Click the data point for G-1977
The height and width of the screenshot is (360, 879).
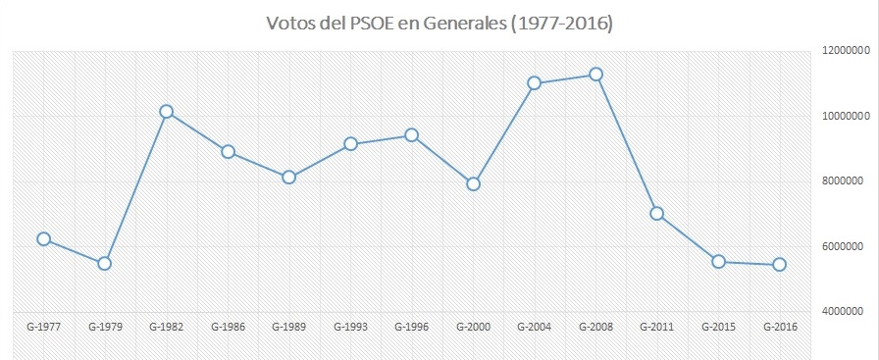[x=43, y=238]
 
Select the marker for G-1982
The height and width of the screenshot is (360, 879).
[x=166, y=112]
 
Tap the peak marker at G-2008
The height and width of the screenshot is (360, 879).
[x=595, y=75]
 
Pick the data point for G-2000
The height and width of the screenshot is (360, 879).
[x=473, y=183]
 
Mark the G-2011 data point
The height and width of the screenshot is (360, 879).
[x=656, y=213]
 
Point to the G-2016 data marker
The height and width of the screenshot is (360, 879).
[x=779, y=264]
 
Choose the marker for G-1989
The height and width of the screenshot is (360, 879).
[x=288, y=178]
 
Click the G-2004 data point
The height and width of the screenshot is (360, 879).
[x=534, y=83]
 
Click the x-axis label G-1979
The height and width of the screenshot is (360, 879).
[x=105, y=326]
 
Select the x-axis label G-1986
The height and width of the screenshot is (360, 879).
[x=228, y=326]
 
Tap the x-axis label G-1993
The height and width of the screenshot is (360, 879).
[x=350, y=326]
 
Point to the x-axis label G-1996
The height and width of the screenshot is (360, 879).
[x=411, y=326]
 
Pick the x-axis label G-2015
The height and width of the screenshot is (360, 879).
[x=718, y=326]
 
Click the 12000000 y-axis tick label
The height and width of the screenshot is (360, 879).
[x=845, y=51]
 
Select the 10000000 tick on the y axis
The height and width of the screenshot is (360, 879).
[x=845, y=116]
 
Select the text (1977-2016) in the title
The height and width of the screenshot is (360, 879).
[x=556, y=23]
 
